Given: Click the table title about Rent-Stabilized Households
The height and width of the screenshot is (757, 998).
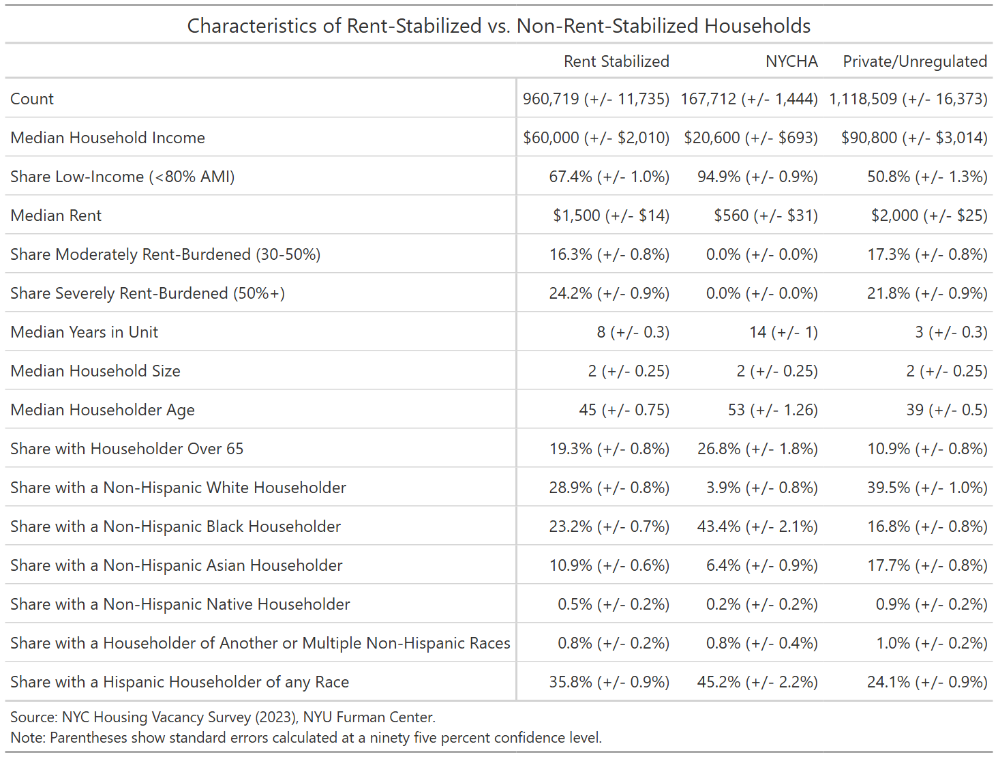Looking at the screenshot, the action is click(499, 26).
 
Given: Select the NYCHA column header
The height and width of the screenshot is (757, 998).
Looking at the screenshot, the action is click(791, 61).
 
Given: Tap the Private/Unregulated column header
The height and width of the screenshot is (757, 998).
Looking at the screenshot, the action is click(915, 62).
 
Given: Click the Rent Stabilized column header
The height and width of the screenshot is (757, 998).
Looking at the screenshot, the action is click(616, 61).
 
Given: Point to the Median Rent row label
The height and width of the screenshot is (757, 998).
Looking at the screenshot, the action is click(56, 215).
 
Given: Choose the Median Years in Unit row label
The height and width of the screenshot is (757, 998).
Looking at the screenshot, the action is click(84, 332).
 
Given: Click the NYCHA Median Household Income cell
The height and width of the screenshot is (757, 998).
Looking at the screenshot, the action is click(751, 138).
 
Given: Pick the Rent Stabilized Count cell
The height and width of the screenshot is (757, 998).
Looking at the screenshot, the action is click(596, 99).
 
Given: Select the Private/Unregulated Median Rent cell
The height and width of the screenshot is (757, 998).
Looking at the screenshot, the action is click(929, 215).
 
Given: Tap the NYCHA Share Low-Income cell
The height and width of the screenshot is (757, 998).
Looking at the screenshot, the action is click(757, 177).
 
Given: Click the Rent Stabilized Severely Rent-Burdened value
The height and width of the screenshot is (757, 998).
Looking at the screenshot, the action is click(609, 293).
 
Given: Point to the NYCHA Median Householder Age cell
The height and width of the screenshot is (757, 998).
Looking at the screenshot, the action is click(773, 410).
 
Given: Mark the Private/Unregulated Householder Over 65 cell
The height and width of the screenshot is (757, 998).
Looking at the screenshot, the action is click(927, 449).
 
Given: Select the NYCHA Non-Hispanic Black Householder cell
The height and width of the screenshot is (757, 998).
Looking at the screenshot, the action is click(757, 526).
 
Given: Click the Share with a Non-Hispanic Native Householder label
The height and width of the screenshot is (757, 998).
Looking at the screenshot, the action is click(180, 604).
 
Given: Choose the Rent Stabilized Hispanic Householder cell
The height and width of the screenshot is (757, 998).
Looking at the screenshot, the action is click(609, 682).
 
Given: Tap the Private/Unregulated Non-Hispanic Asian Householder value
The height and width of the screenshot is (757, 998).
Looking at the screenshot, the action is click(927, 565).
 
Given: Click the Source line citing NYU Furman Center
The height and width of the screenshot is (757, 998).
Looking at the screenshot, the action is click(223, 717).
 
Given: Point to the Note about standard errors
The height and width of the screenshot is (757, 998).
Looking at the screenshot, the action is click(306, 737).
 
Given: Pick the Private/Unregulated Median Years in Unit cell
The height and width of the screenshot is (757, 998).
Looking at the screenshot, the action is click(951, 332).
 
